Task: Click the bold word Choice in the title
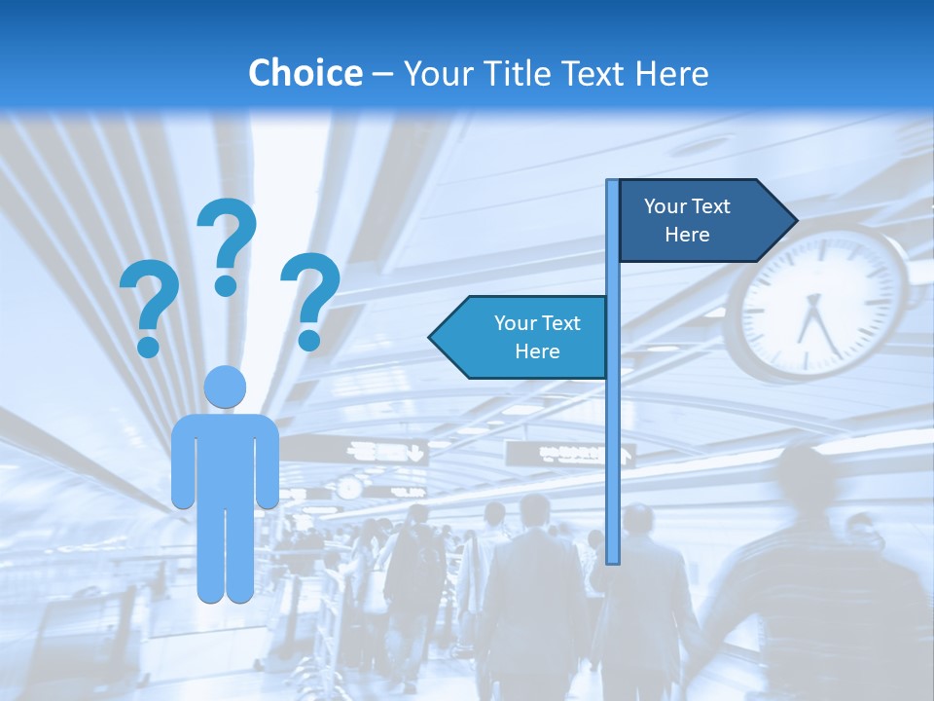tap(305, 73)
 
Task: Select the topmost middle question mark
tap(227, 243)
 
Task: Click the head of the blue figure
tap(225, 387)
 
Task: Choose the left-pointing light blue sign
tap(521, 337)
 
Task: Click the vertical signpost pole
tap(613, 438)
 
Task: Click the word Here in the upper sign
tap(687, 235)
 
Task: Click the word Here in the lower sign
tap(537, 351)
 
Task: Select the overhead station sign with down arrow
tap(387, 452)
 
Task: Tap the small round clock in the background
tap(349, 488)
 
